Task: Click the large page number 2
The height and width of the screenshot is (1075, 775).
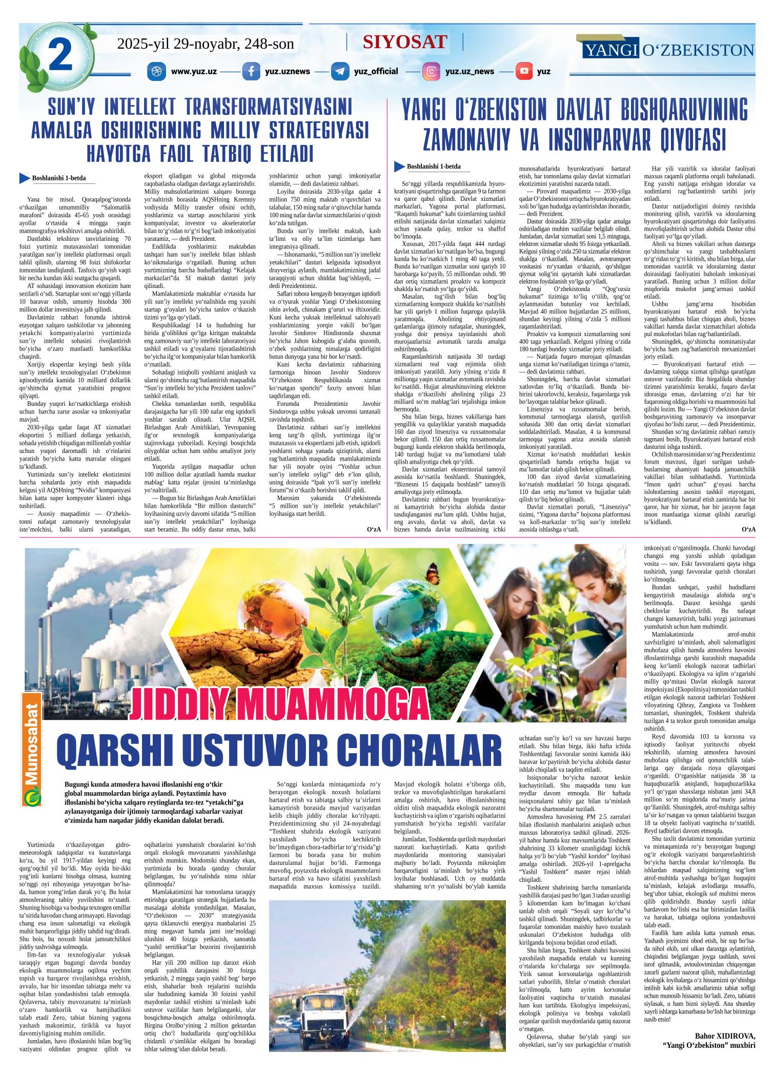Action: point(59,57)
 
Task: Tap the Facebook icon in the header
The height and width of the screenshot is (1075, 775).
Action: point(251,71)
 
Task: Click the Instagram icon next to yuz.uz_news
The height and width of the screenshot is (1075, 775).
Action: point(432,71)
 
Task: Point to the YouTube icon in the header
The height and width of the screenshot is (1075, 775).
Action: point(524,71)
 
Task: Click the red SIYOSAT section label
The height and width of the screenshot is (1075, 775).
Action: point(405,42)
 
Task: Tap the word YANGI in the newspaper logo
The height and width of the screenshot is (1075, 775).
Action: point(611,50)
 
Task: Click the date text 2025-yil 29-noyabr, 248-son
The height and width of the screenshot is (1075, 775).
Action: point(206,44)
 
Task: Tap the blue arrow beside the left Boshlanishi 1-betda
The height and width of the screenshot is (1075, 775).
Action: point(24,178)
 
